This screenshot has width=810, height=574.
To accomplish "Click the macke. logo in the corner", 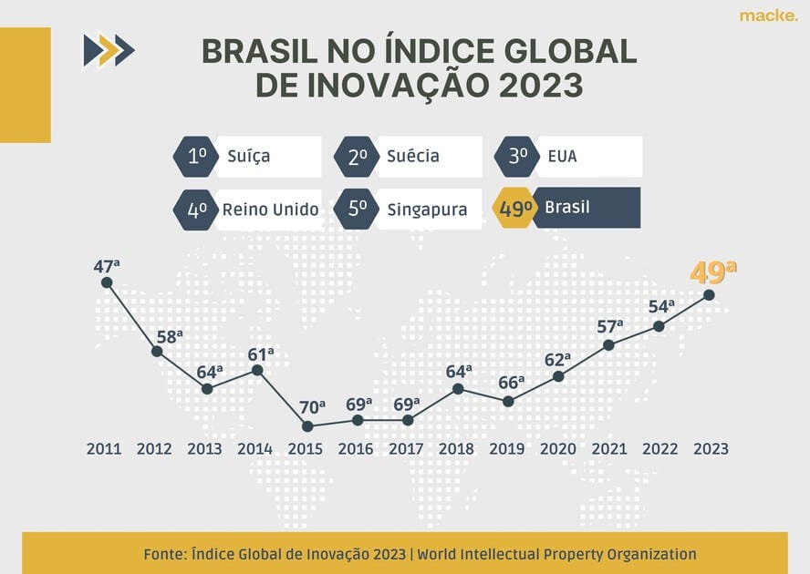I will (768, 15).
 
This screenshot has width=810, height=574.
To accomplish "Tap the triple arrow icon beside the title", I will (108, 50).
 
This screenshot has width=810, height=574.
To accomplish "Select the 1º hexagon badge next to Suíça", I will (195, 156).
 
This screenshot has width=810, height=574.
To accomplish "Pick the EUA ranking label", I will (562, 156).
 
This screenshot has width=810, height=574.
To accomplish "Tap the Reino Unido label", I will (270, 210).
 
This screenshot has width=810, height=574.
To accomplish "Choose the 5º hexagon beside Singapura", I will (356, 210).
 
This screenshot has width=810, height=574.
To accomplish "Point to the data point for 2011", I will (107, 282).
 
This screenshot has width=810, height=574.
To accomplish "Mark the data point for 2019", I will (508, 401).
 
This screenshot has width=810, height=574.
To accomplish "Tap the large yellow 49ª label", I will (712, 273).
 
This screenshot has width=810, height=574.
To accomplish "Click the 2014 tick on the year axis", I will (254, 448).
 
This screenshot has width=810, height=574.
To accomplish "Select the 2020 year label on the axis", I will (558, 448).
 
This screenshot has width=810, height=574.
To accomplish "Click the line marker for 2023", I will (709, 294).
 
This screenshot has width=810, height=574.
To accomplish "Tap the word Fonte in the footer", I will (167, 554).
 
